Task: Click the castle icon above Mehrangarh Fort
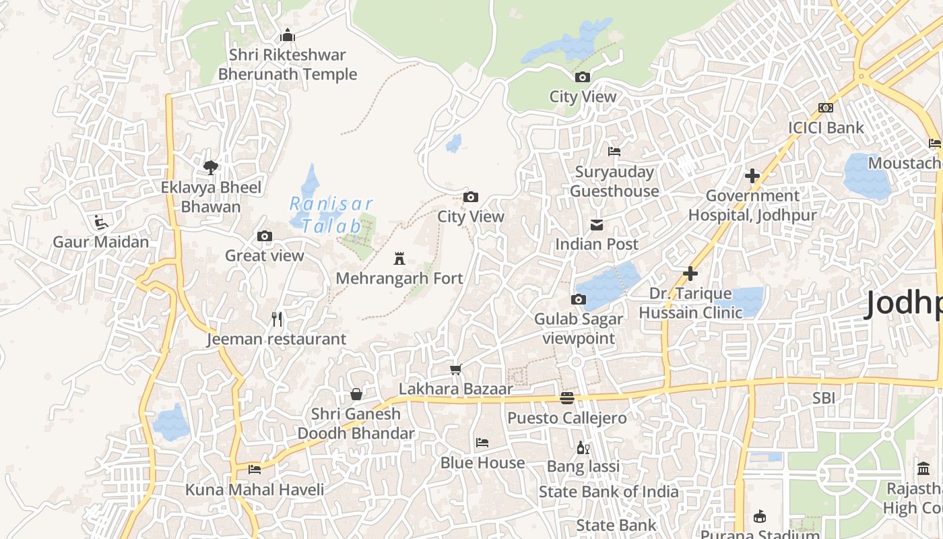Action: coord(399,258)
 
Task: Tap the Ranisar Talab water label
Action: coord(331,214)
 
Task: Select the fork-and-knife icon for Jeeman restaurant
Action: coord(277,319)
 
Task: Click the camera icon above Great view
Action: coord(265,236)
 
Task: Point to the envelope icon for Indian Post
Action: coord(597,224)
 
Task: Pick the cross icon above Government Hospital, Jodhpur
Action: coord(752,176)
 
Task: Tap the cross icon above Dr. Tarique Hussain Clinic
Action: coord(690,274)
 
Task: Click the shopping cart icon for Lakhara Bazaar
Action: coord(456,369)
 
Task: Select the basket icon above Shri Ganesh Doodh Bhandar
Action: coord(356,394)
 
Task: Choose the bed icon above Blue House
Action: coord(482,443)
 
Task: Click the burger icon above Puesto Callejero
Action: coord(567,398)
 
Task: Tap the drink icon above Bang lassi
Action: coord(583,447)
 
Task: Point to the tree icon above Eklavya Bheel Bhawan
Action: coord(211,167)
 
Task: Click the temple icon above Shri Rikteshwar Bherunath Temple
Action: coord(288,35)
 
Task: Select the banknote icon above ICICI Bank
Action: coord(826,108)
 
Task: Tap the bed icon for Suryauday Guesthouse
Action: coord(614,152)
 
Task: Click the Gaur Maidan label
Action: coord(101,241)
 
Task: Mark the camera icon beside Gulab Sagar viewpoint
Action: coord(578,299)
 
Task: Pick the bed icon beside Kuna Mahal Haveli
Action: coord(255,470)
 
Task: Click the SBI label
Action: coord(823,398)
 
